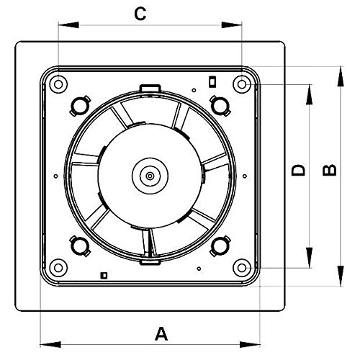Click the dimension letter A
(161, 333)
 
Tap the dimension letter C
(140, 14)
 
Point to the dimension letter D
(298, 170)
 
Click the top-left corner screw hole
(58, 84)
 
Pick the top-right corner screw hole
(242, 84)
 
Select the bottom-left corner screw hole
(58, 268)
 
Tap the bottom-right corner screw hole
(242, 268)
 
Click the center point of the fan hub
(150, 176)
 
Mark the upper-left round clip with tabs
(80, 106)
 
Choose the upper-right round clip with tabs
(220, 106)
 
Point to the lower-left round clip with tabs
(80, 246)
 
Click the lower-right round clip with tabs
(220, 246)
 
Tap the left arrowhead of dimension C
(68, 25)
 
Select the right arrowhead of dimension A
(250, 345)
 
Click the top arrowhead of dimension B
(341, 76)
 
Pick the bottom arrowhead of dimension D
(310, 258)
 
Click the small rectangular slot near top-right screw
(212, 81)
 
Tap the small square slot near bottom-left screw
(104, 275)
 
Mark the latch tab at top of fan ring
(150, 88)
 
